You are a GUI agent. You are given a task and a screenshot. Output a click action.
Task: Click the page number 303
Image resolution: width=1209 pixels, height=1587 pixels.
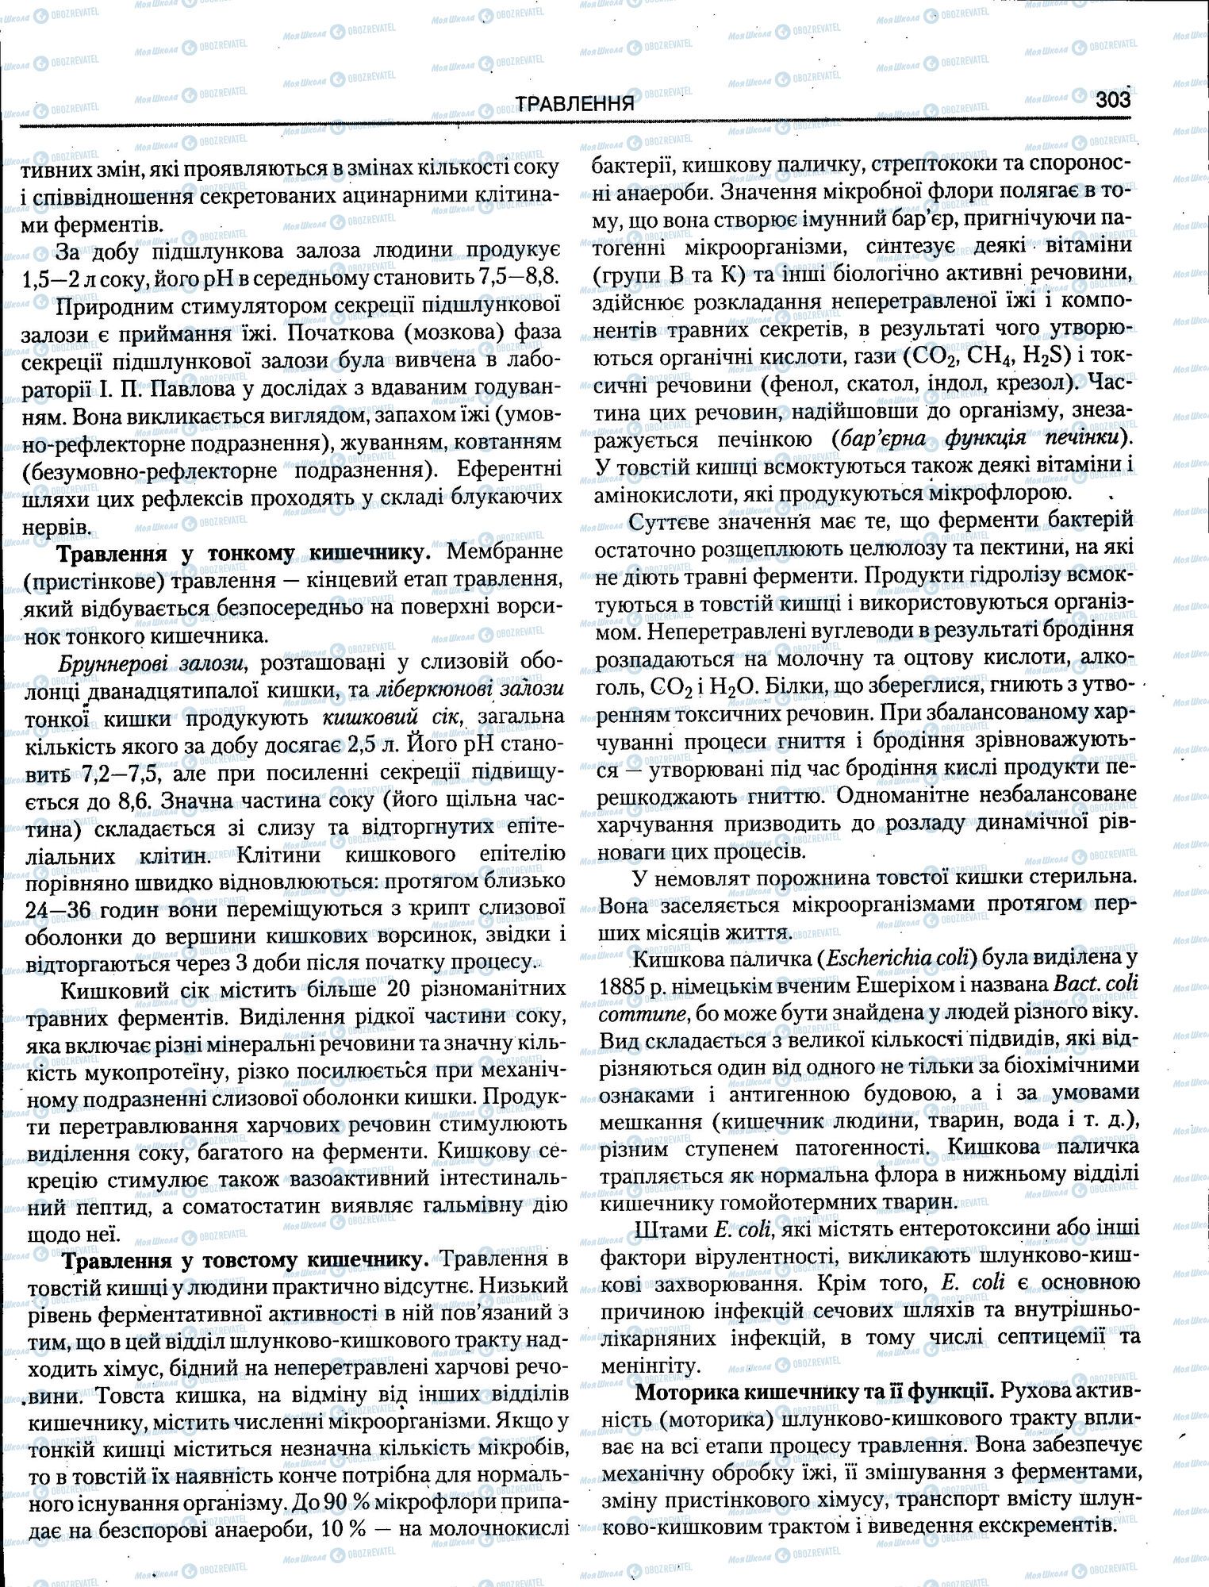click(1112, 101)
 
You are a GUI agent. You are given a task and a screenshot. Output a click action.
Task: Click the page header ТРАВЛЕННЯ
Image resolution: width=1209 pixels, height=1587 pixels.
click(575, 103)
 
